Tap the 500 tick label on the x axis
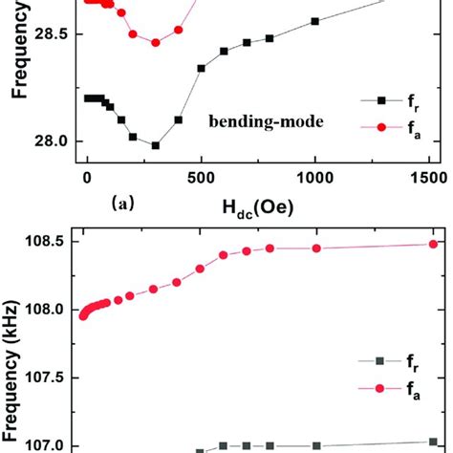click(x=201, y=178)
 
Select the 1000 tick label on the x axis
click(x=314, y=178)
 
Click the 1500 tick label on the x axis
click(x=428, y=178)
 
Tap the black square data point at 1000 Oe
click(x=314, y=21)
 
